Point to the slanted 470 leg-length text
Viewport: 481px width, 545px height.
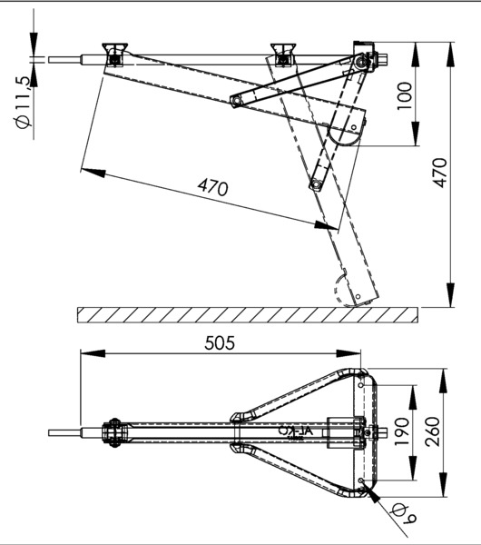[212, 187]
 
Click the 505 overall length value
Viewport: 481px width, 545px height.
[221, 342]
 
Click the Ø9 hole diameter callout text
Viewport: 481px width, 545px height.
[402, 518]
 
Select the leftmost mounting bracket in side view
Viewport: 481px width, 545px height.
[115, 54]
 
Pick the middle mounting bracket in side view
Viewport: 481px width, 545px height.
[285, 54]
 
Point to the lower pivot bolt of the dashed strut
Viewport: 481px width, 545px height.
[315, 185]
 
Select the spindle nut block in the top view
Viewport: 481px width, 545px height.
[367, 432]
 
